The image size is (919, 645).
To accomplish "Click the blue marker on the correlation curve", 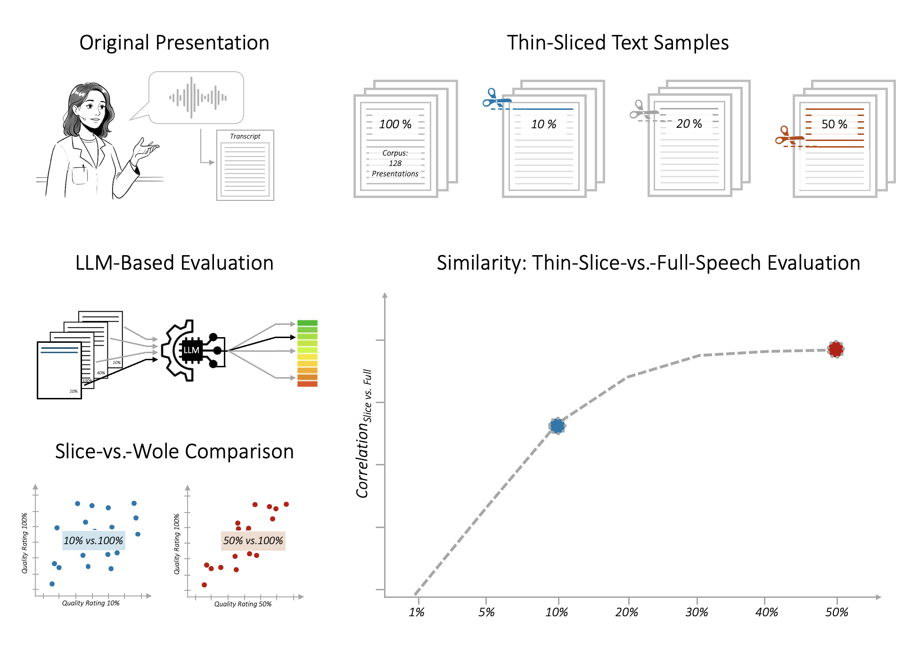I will tap(557, 426).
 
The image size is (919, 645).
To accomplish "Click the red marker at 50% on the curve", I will tap(836, 349).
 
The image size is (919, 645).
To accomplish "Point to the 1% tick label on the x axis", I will tap(417, 612).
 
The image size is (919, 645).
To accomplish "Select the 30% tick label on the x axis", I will tap(697, 612).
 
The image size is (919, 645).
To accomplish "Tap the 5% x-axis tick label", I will tap(486, 612).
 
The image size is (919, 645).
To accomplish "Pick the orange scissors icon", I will tap(788, 136).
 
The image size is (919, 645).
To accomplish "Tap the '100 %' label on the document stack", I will tap(395, 124).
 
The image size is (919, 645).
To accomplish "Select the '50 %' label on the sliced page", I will tap(834, 124).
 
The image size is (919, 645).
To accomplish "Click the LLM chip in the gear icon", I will tap(191, 350).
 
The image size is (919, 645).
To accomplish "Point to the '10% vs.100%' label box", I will tap(93, 540).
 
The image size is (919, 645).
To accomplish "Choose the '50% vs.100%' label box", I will tap(253, 540).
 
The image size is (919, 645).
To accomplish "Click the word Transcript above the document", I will tap(245, 136).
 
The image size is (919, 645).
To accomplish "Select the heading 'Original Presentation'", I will tap(174, 43).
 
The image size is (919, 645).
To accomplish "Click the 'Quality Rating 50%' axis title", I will tap(243, 604).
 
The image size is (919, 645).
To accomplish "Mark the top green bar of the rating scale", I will tap(307, 323).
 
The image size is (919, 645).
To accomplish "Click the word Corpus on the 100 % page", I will tap(395, 153).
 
